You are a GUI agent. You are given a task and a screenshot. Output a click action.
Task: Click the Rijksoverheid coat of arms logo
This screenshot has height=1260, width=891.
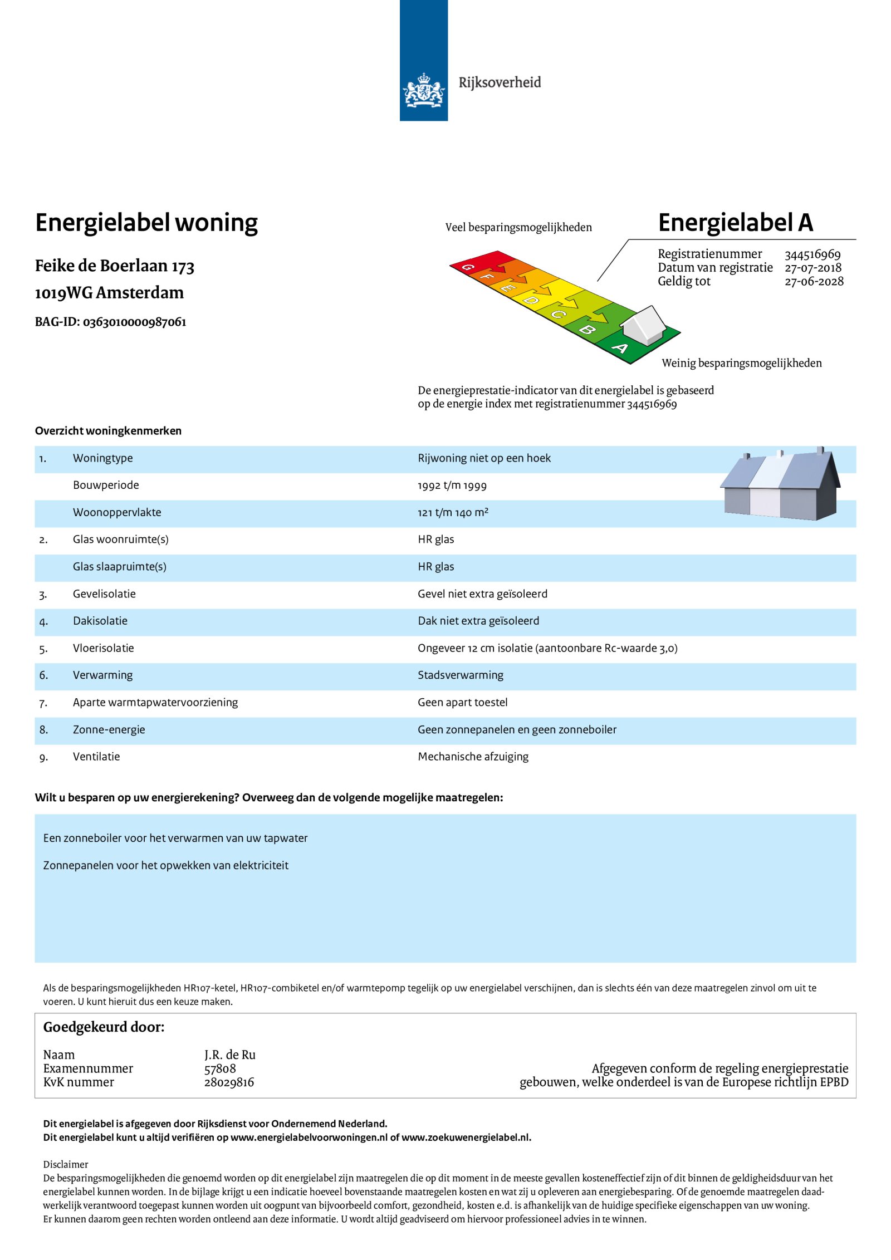pyautogui.click(x=423, y=90)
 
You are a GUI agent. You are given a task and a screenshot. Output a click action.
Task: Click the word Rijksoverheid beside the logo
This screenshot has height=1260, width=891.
pyautogui.click(x=499, y=82)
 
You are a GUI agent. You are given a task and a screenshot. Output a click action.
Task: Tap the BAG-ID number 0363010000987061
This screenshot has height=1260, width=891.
pyautogui.click(x=134, y=322)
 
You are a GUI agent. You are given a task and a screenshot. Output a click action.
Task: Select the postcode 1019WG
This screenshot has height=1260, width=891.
pyautogui.click(x=63, y=293)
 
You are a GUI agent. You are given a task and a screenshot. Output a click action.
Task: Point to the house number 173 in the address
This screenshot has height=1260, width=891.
pyautogui.click(x=183, y=267)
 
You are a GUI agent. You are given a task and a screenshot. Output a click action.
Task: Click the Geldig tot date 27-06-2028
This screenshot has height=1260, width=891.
pyautogui.click(x=814, y=282)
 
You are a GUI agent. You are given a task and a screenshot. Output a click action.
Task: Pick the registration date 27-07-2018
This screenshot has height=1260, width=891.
pyautogui.click(x=812, y=268)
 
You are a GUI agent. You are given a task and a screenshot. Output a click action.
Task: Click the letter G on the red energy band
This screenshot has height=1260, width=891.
pyautogui.click(x=468, y=267)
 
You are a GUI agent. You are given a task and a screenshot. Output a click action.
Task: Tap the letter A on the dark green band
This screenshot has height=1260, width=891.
pyautogui.click(x=620, y=349)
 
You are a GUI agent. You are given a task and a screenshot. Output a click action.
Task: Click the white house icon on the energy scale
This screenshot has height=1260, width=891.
pyautogui.click(x=644, y=325)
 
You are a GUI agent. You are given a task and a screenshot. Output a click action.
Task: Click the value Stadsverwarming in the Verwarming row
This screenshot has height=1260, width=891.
pyautogui.click(x=460, y=675)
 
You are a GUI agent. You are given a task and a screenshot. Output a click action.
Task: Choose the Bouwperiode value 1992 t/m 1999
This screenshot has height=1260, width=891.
pyautogui.click(x=452, y=486)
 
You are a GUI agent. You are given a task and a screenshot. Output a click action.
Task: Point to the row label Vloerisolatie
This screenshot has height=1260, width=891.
pyautogui.click(x=103, y=648)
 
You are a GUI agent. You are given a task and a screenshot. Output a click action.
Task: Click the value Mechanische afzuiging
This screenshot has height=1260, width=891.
pyautogui.click(x=473, y=757)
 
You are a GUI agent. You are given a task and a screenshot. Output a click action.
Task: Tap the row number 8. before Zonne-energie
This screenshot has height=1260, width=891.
pyautogui.click(x=43, y=730)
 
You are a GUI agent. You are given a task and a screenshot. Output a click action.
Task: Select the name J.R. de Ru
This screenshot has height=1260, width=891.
pyautogui.click(x=229, y=1055)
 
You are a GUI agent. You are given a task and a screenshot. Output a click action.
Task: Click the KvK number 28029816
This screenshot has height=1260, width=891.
pyautogui.click(x=229, y=1082)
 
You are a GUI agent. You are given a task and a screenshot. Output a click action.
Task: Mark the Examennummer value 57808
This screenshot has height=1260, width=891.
pyautogui.click(x=220, y=1068)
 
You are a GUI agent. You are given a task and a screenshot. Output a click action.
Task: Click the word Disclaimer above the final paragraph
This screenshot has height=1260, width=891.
pyautogui.click(x=66, y=1164)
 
